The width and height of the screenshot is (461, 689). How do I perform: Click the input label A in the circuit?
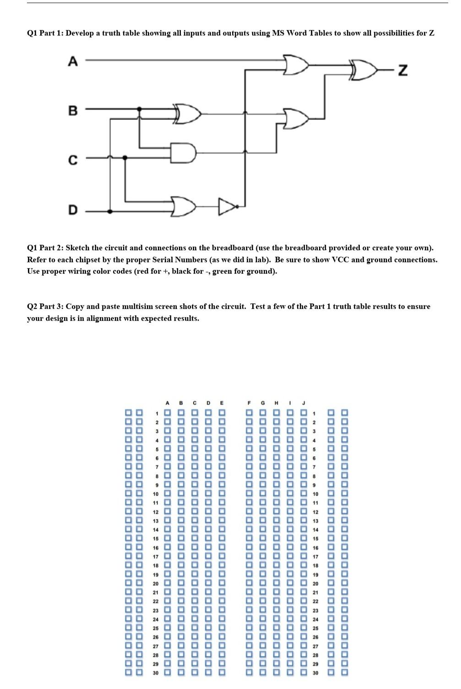point(72,61)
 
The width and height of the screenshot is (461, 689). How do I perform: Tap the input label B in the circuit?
point(73,110)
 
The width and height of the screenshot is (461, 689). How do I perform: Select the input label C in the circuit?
point(73,160)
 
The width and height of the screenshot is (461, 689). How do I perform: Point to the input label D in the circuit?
point(73,210)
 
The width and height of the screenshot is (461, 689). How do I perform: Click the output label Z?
point(402,71)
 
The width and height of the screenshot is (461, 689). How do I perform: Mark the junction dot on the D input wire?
point(109,212)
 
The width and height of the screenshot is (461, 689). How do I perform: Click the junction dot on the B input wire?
point(140,109)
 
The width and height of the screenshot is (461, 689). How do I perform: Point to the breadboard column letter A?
point(168,403)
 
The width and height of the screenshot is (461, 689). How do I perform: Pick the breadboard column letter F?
point(249,403)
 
